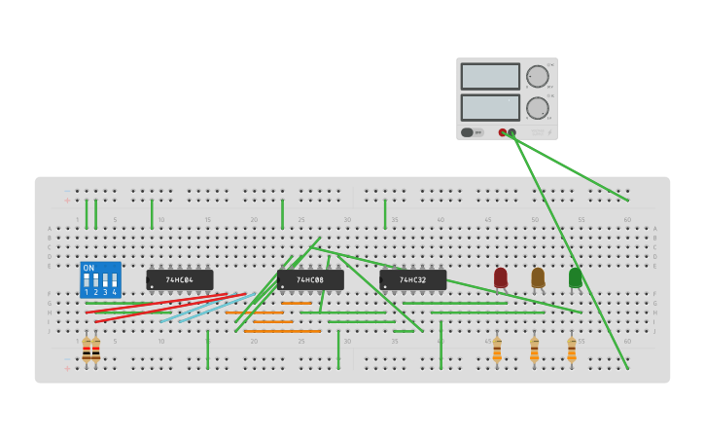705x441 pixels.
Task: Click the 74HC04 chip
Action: [x=180, y=280]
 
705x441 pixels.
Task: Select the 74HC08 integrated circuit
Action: [x=310, y=280]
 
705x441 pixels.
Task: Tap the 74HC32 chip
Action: [x=413, y=280]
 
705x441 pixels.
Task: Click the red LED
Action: [x=501, y=277]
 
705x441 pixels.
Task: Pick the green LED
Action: [x=575, y=277]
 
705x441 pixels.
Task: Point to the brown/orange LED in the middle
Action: [x=538, y=277]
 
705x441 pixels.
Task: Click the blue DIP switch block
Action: [x=100, y=279]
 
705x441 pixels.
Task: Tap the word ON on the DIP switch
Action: [x=88, y=268]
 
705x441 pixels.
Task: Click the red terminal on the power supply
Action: [x=503, y=132]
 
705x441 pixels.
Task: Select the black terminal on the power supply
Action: [x=511, y=132]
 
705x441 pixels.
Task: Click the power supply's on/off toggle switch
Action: [x=468, y=132]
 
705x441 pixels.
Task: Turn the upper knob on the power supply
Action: [x=537, y=77]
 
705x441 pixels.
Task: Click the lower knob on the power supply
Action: [x=537, y=107]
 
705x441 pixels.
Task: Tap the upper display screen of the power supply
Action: [x=490, y=76]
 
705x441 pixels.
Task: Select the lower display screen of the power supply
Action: [x=490, y=107]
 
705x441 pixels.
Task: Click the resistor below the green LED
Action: [x=572, y=349]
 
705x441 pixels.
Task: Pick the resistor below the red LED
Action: [x=497, y=349]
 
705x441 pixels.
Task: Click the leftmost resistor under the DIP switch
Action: [x=87, y=350]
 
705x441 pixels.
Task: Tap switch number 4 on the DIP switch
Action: [x=114, y=280]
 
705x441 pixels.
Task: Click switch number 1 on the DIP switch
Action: [x=87, y=280]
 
